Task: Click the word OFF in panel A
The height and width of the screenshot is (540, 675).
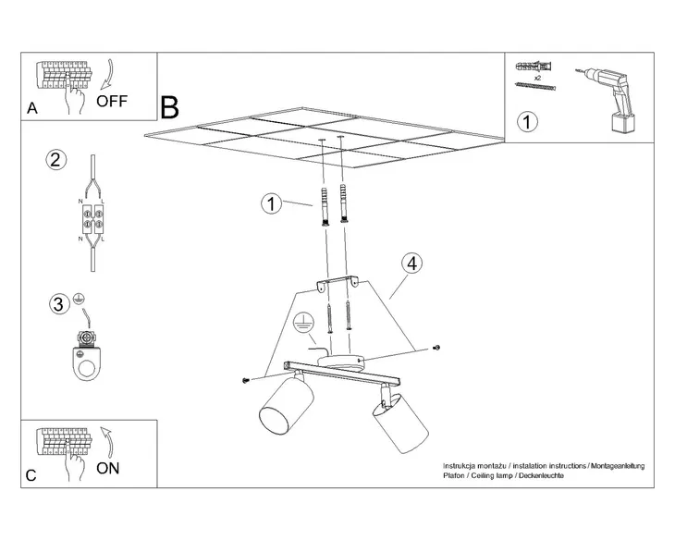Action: coord(112,101)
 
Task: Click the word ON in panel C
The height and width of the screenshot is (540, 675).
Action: coord(108,468)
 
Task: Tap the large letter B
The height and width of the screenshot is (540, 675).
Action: coord(169,107)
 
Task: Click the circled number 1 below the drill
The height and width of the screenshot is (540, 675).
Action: coord(526,122)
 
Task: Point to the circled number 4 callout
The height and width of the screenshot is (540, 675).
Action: coord(412,264)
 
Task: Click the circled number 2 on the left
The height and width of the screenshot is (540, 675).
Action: coord(56,160)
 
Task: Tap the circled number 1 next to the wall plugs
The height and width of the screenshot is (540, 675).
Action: coord(270,203)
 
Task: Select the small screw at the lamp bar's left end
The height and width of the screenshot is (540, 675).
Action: coord(246,379)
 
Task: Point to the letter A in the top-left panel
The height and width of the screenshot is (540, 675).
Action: coord(32,108)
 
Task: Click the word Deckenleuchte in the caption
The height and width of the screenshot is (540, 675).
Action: coord(537,474)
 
